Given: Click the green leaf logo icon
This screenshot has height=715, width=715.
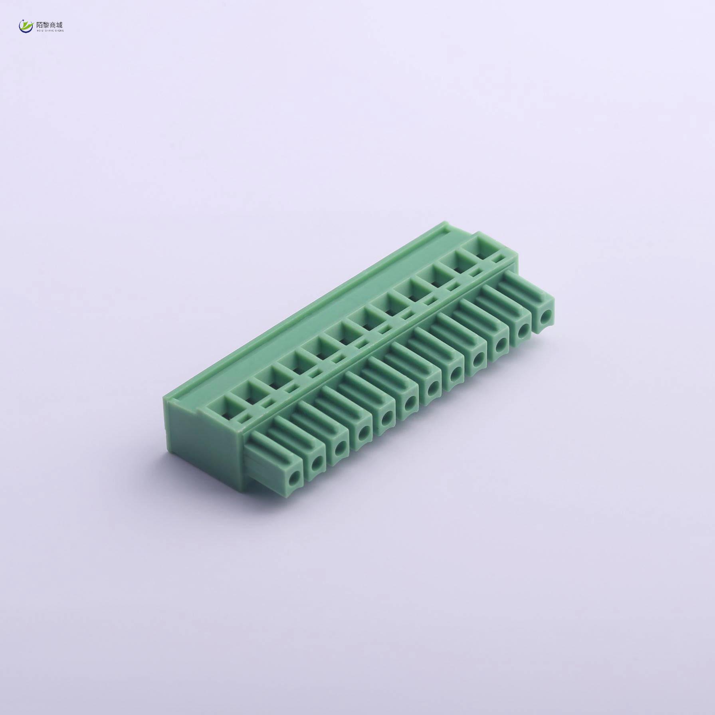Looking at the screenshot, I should tap(26, 26).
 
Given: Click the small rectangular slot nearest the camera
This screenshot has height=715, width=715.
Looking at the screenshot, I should tap(244, 418).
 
